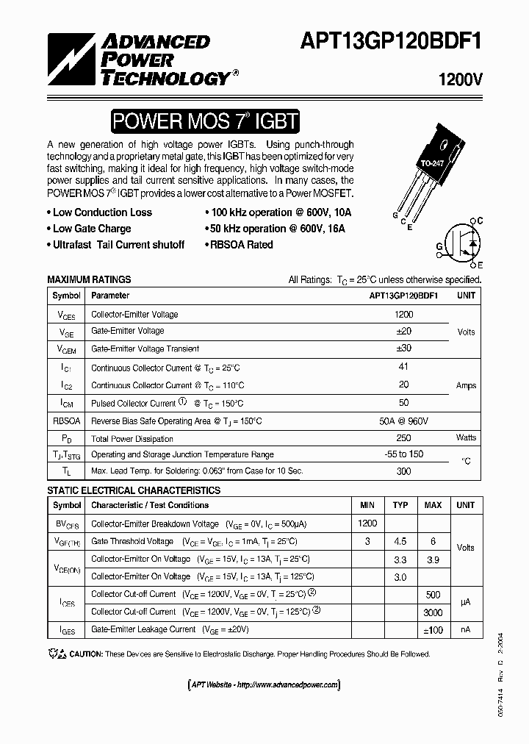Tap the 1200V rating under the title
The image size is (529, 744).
tap(460, 81)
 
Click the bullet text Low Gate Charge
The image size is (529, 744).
tap(92, 229)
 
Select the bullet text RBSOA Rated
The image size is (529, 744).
tap(240, 245)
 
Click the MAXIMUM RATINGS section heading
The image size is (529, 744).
tap(89, 279)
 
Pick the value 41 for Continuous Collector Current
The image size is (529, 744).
tap(403, 367)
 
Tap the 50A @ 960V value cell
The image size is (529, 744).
tap(403, 421)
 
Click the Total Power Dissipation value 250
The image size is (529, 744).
tap(403, 438)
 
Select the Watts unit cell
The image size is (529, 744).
tap(466, 438)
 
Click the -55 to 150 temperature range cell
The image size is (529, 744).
tap(403, 454)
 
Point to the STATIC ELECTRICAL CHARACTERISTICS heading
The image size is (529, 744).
tap(134, 490)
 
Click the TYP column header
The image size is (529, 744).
tap(400, 506)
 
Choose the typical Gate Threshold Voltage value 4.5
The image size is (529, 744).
tap(400, 542)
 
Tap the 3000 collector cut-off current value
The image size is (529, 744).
tap(433, 612)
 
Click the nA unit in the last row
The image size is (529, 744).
tap(466, 630)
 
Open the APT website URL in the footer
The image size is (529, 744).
tap(264, 685)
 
